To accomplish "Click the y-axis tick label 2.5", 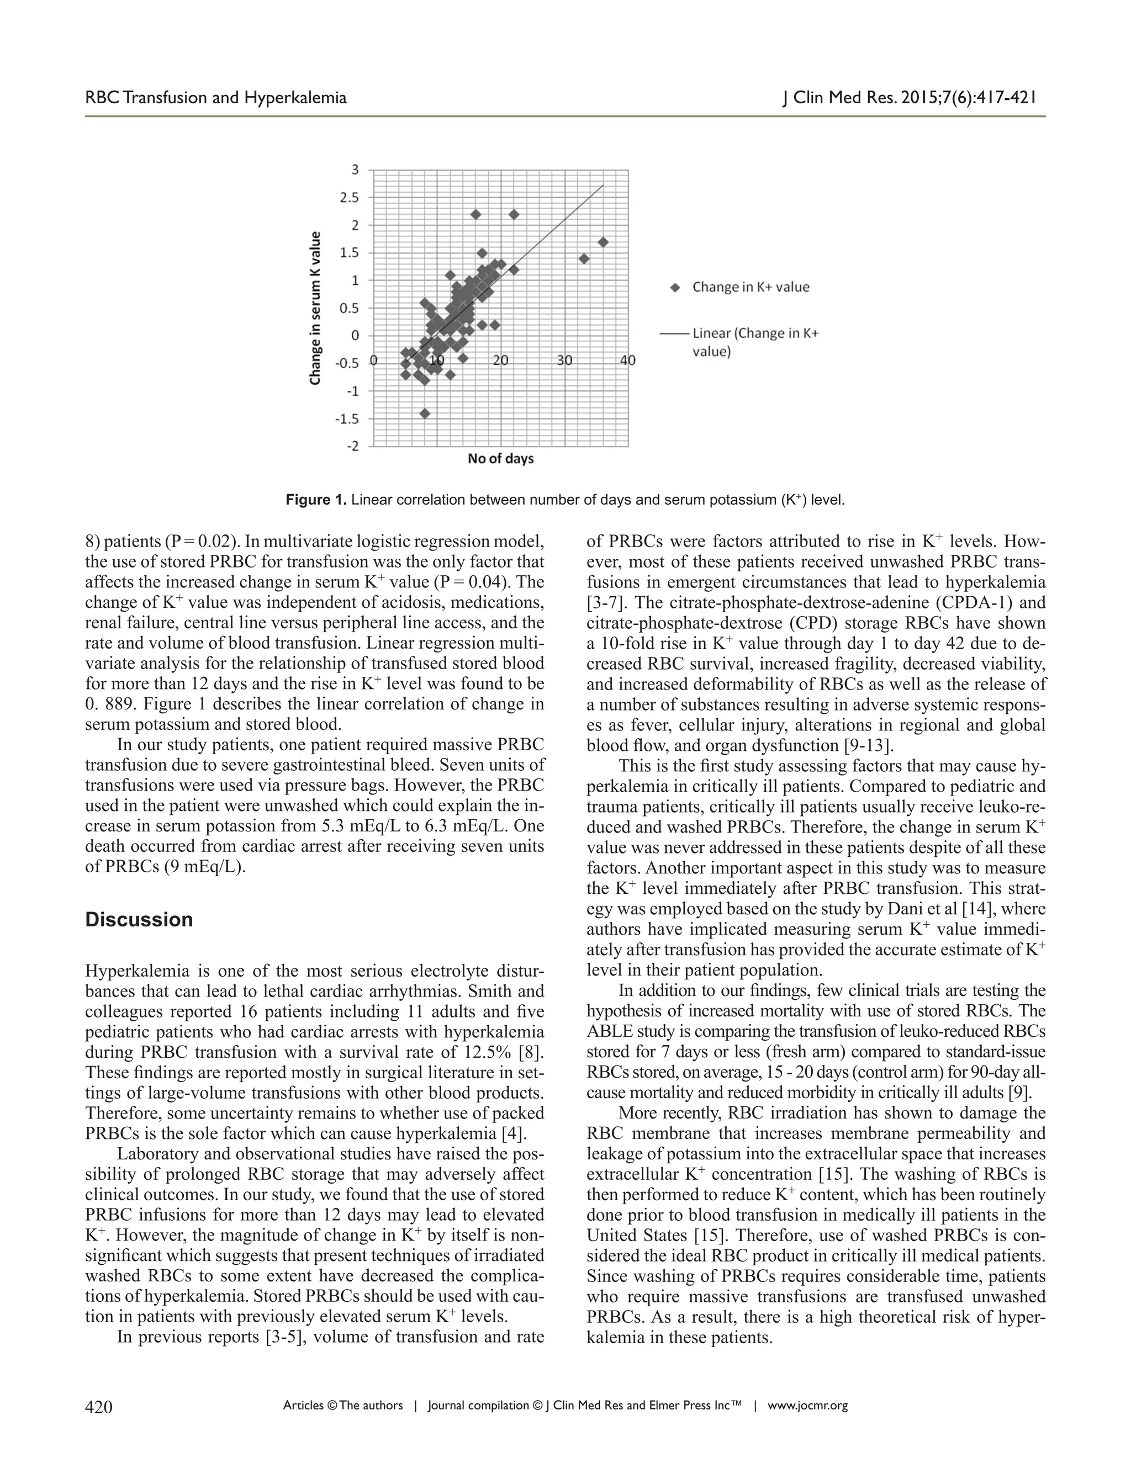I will [349, 198].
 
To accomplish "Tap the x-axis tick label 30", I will [565, 361].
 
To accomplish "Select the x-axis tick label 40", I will [628, 361].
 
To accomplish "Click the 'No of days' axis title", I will [500, 459].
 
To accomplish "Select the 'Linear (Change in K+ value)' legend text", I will [755, 342].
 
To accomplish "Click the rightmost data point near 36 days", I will [603, 242].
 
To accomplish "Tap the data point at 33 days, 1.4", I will [584, 258].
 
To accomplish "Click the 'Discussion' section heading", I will [139, 920].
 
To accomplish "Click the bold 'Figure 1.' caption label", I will [316, 500].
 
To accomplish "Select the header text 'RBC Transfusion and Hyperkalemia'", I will [216, 98].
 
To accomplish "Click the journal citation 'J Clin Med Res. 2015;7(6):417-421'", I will [910, 98].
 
